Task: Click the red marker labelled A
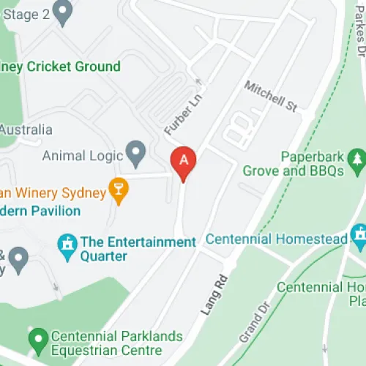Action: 183,161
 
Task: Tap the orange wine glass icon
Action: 118,190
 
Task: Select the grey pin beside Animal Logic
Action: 135,154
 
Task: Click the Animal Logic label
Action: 82,155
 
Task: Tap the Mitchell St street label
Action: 270,97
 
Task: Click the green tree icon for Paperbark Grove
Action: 357,157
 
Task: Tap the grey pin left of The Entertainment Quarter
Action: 18,258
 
